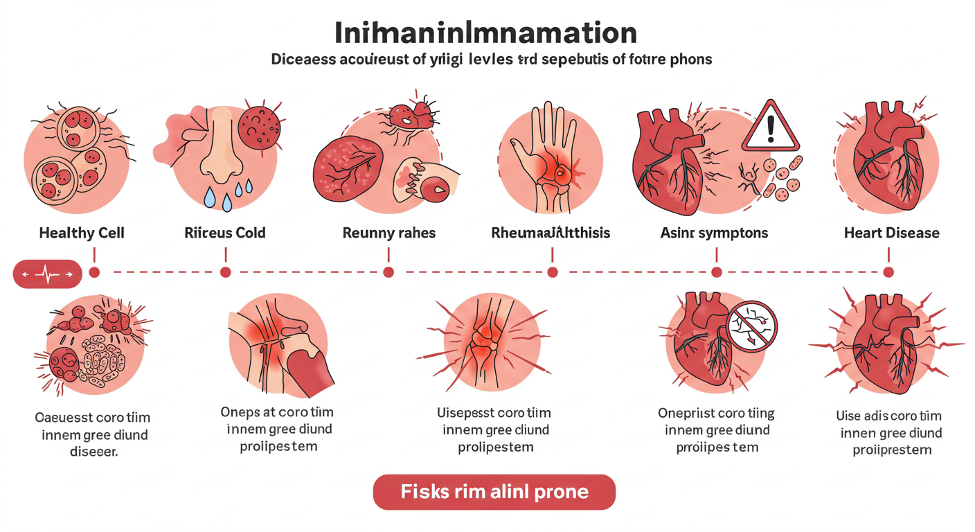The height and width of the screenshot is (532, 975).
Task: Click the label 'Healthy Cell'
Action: point(82,233)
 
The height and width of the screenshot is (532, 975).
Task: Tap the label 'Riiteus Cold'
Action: point(225,233)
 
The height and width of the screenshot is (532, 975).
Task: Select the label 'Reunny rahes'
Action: point(389,233)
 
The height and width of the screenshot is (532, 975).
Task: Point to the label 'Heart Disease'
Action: point(892,233)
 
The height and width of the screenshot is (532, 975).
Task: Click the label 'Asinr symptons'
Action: point(714,233)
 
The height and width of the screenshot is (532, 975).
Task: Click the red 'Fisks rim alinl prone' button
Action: point(494,493)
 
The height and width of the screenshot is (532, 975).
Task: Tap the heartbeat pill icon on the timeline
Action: point(47,274)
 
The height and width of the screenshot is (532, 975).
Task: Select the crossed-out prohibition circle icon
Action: point(753,325)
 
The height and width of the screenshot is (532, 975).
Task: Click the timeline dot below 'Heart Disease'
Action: point(888,272)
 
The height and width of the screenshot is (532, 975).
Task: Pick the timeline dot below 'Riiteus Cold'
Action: point(225,272)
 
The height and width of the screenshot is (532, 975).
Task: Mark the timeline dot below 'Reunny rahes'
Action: point(388,272)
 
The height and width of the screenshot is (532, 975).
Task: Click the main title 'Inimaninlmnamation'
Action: point(485,33)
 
